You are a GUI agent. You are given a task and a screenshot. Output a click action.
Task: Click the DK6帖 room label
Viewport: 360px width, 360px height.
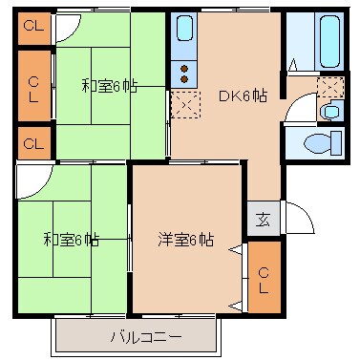pyautogui.click(x=243, y=95)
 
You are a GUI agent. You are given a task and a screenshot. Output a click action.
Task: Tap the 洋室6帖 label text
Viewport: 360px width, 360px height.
pyautogui.click(x=185, y=239)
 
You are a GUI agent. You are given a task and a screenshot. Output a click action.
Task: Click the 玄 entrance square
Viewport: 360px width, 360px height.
pyautogui.click(x=263, y=220)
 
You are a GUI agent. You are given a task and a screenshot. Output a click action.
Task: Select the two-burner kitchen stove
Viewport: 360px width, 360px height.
pyautogui.click(x=183, y=72)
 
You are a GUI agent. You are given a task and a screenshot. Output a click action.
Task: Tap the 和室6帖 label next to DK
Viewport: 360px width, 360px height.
pyautogui.click(x=110, y=86)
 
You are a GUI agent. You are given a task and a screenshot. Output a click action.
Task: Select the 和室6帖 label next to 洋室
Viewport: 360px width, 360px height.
pyautogui.click(x=70, y=239)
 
